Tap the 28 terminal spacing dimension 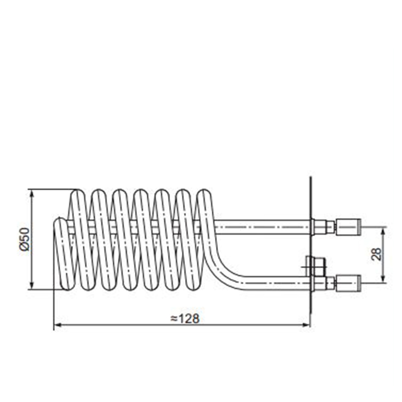pos(377,254)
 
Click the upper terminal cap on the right pos(348,227)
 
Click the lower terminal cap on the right pos(348,283)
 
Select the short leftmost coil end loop pos(64,254)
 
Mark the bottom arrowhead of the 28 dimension pos(383,278)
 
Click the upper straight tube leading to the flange pos(262,227)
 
